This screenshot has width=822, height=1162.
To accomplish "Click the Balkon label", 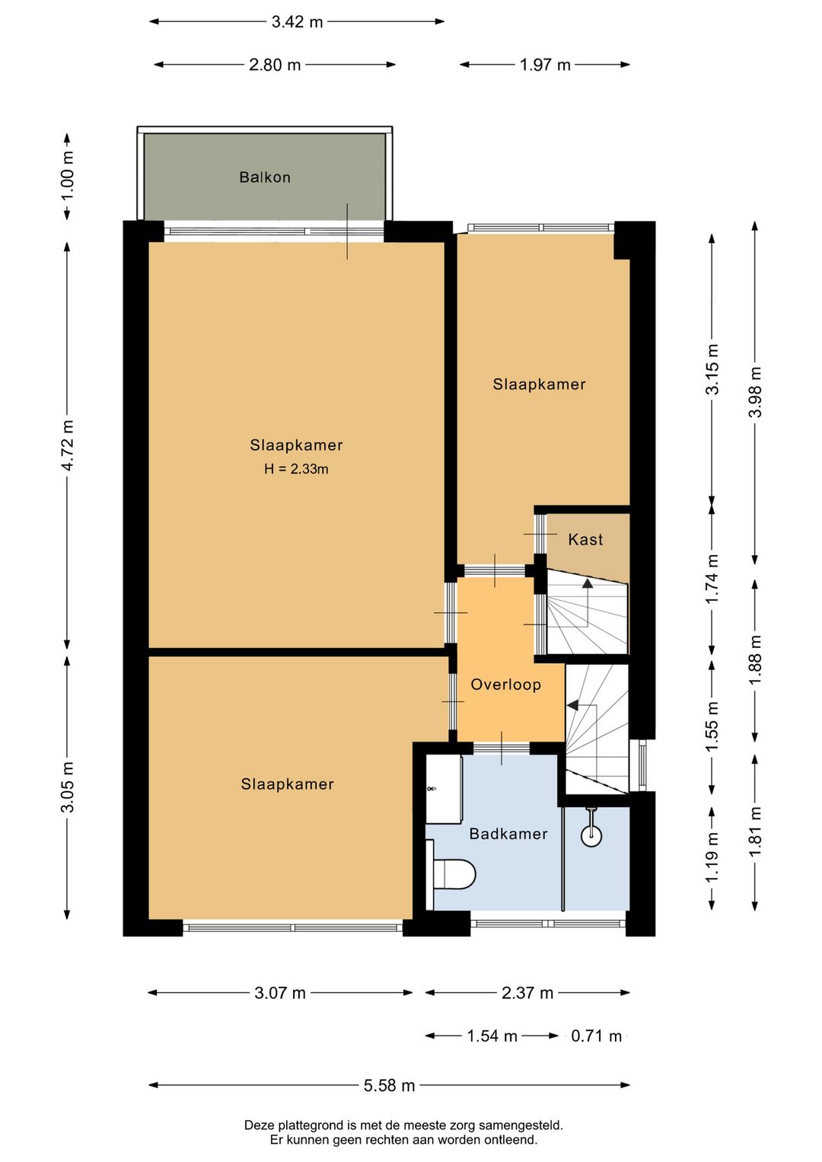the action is [265, 177].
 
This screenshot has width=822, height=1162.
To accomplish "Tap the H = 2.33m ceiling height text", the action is [296, 469].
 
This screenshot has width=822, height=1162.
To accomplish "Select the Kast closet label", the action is [585, 539].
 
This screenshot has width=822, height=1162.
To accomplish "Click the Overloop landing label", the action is [505, 685].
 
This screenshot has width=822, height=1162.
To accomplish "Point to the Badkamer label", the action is [508, 834].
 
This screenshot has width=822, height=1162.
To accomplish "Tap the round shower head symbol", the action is [591, 835].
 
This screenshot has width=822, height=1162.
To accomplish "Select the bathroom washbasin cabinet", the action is [444, 789].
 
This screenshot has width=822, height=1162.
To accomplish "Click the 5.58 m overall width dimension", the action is [389, 1085].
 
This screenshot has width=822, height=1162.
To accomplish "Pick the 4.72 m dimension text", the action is [68, 445].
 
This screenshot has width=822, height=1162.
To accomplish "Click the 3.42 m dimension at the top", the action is [297, 22].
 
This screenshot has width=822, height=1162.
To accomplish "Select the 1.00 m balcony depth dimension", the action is [68, 177].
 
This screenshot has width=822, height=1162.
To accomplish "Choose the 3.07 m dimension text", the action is [280, 993].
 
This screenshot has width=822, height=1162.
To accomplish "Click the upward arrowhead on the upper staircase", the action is [587, 583].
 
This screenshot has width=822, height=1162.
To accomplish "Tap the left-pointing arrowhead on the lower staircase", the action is [572, 705].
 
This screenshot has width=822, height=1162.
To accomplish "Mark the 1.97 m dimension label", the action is [545, 65].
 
